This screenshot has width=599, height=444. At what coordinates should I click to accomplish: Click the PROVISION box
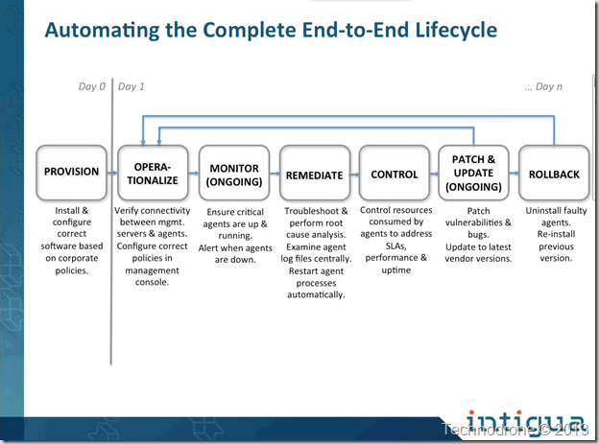click(x=71, y=173)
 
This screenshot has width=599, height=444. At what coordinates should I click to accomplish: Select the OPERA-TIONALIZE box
click(x=153, y=173)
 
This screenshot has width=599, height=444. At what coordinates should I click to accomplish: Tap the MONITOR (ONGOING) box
click(x=234, y=173)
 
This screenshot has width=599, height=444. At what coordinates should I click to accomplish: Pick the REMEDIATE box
click(x=315, y=173)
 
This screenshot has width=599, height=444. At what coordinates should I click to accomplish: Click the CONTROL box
click(x=395, y=173)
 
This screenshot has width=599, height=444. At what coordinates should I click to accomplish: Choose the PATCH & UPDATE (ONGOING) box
click(x=473, y=173)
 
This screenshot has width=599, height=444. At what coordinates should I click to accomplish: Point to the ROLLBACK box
click(x=554, y=173)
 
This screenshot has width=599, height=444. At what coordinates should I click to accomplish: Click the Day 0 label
click(x=92, y=86)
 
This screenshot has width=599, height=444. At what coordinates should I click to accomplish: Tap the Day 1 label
click(x=131, y=86)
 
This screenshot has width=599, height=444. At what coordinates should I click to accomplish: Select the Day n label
click(x=543, y=87)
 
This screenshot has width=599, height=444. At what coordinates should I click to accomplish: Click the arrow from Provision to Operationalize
click(x=112, y=173)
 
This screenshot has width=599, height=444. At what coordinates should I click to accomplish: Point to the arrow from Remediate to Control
click(x=355, y=175)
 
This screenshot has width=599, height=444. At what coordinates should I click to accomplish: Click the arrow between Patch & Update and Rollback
click(x=515, y=173)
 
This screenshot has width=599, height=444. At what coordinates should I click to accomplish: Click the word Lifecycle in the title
click(x=456, y=30)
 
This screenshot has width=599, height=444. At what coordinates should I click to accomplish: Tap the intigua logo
click(x=525, y=423)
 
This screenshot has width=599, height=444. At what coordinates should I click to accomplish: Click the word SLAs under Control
click(x=396, y=245)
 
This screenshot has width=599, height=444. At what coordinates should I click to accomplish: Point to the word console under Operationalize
click(x=152, y=282)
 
